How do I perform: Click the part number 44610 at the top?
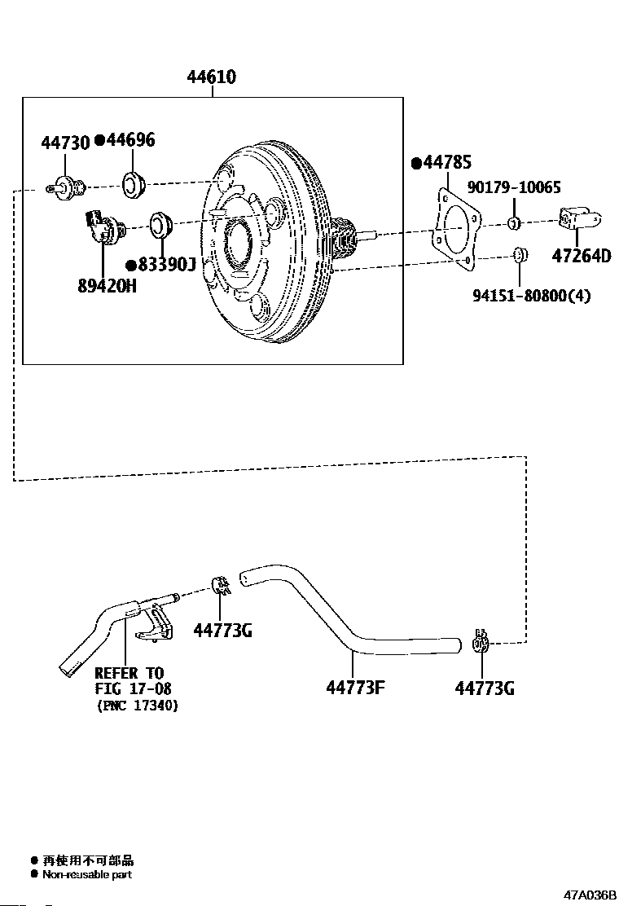(x=211, y=77)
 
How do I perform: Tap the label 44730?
(x=65, y=143)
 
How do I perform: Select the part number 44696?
(x=130, y=140)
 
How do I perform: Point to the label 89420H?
(x=108, y=285)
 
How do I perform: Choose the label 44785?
(x=447, y=162)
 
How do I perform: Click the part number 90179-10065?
(x=514, y=187)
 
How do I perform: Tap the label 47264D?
(x=582, y=255)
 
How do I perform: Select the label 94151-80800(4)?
(x=532, y=296)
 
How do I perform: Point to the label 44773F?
(x=356, y=688)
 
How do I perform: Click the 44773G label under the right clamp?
(x=485, y=688)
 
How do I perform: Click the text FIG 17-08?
(x=134, y=688)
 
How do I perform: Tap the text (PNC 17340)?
(x=138, y=706)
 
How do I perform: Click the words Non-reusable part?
(x=87, y=875)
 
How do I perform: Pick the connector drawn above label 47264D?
(x=580, y=218)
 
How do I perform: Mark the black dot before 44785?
(x=416, y=164)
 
